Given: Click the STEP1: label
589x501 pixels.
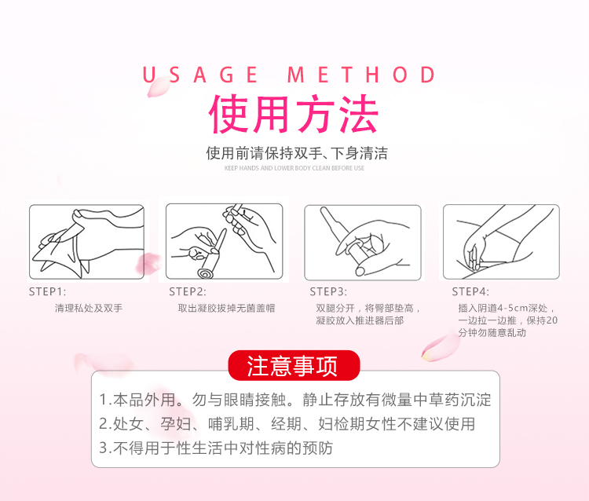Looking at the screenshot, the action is click(47, 292).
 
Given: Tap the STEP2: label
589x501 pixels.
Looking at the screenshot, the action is click(188, 292).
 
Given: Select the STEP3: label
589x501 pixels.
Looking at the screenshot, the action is click(328, 292).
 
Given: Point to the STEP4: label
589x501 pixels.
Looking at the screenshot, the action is click(470, 292).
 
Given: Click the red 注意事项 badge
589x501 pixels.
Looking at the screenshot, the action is click(294, 365).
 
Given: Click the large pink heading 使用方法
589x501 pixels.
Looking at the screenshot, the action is click(294, 113).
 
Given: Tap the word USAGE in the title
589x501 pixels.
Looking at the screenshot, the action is click(199, 75).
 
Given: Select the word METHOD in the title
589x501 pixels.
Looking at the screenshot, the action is click(361, 75).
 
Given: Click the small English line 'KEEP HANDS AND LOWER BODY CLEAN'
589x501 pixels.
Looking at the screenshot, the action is click(294, 168).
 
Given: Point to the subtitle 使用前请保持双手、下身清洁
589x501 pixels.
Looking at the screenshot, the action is click(297, 153).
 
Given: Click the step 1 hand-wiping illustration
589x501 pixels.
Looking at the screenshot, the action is click(86, 242).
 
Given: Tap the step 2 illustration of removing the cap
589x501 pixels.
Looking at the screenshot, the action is click(225, 242).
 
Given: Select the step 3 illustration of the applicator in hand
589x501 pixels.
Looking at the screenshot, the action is click(363, 243).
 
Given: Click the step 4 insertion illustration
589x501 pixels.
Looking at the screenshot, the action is click(501, 242).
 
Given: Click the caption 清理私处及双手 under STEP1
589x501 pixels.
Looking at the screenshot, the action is click(89, 309).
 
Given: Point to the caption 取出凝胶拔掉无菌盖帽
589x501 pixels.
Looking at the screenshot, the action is click(226, 309).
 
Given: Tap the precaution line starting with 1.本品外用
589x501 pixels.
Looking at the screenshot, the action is click(295, 400).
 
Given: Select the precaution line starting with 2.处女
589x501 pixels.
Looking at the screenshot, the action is click(287, 424).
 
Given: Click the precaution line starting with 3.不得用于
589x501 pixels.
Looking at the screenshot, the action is click(216, 448).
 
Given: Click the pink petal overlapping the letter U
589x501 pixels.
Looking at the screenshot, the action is click(158, 87).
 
